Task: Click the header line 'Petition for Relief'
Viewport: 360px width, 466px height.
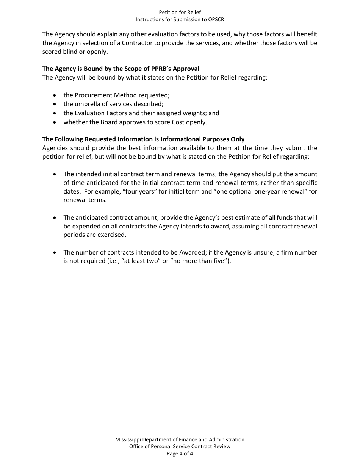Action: pos(180,13)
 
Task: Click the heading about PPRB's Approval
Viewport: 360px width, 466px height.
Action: pos(121,69)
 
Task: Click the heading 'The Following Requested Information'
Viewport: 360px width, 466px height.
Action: pos(143,139)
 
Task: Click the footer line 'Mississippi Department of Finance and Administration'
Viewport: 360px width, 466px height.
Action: pos(180,439)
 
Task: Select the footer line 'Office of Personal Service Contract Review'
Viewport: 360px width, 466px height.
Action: pos(180,446)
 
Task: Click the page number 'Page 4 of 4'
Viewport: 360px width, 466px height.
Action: pos(180,453)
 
